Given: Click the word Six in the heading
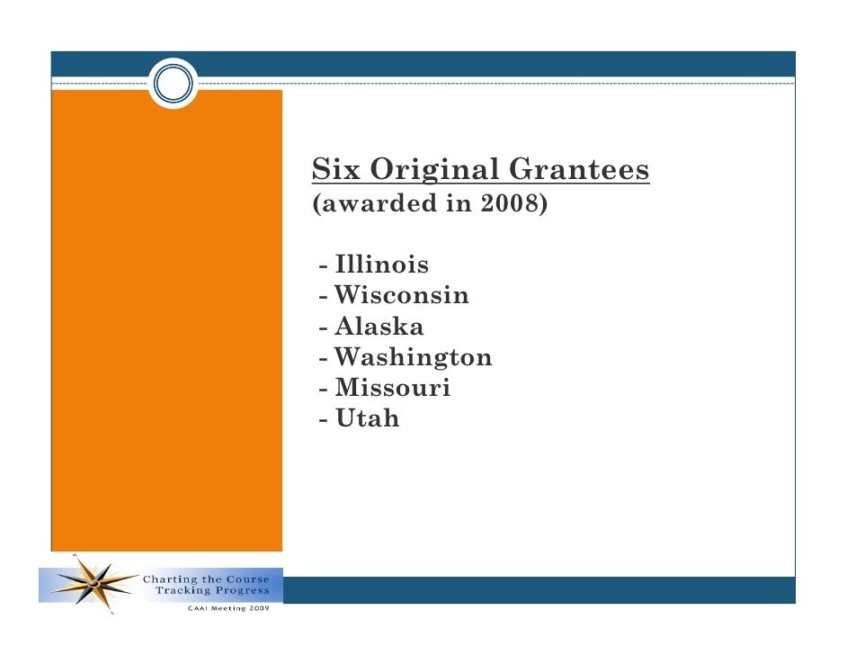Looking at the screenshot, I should pyautogui.click(x=333, y=169).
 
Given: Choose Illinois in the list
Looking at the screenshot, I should pyautogui.click(x=381, y=265).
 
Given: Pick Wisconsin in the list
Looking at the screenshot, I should pyautogui.click(x=401, y=296).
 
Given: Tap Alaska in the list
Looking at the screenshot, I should pyautogui.click(x=379, y=327).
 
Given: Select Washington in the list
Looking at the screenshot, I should pyautogui.click(x=413, y=358).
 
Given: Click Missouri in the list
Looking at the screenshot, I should pyautogui.click(x=392, y=389).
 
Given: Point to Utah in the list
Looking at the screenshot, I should pyautogui.click(x=367, y=418).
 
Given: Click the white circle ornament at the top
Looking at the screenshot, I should pyautogui.click(x=173, y=84).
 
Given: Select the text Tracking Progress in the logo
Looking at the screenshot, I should pyautogui.click(x=212, y=591).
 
